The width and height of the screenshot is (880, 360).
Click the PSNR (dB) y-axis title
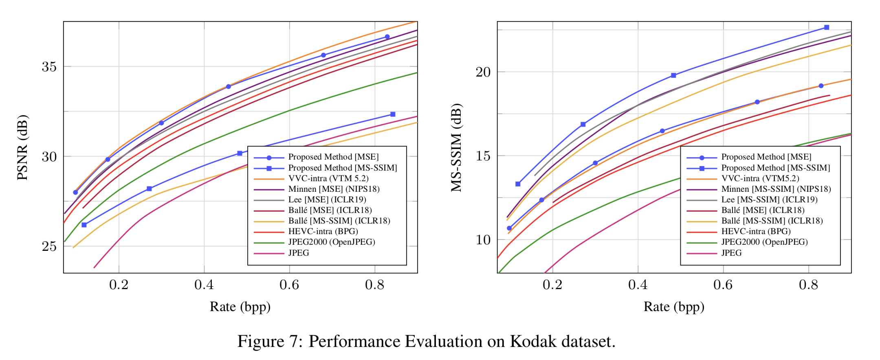[22, 147]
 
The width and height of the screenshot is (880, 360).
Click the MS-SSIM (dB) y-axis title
[456, 147]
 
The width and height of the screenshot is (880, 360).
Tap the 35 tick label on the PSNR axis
[49, 66]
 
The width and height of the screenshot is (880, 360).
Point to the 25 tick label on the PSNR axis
[49, 246]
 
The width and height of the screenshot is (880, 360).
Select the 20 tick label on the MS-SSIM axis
[483, 72]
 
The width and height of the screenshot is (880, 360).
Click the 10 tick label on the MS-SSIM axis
[483, 239]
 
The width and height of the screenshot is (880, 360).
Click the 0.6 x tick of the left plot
[289, 285]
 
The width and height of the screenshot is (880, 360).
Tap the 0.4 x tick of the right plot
[638, 285]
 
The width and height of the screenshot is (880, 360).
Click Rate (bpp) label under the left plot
[240, 307]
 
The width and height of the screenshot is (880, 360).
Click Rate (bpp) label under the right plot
[674, 307]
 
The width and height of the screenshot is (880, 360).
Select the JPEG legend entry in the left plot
[299, 253]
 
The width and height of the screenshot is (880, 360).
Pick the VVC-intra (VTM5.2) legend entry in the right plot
[760, 178]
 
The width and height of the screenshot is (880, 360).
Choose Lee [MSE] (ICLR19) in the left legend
[327, 200]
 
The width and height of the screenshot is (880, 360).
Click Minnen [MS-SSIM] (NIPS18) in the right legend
[776, 189]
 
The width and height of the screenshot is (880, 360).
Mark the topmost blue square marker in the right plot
[827, 27]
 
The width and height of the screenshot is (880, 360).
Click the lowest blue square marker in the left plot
[84, 225]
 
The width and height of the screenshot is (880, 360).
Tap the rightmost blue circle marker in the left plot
[387, 37]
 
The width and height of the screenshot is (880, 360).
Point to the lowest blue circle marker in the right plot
[509, 228]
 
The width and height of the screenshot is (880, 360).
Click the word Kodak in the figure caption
[533, 341]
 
